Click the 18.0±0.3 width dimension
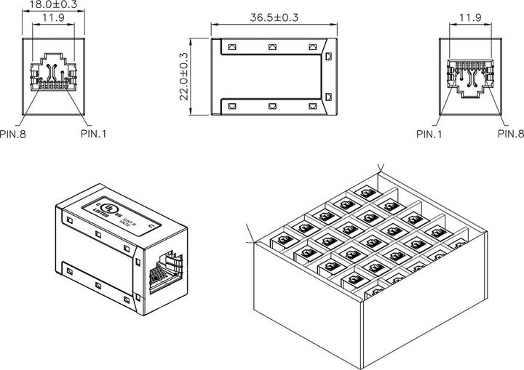53,4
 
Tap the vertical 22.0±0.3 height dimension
183,76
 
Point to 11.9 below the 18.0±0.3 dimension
53,18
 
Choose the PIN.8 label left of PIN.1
13,134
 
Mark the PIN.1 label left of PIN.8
429,134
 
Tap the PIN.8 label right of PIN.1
510,134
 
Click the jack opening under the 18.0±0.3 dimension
53,75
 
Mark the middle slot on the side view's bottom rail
272,106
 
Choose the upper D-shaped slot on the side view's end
328,55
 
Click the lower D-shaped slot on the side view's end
328,97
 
